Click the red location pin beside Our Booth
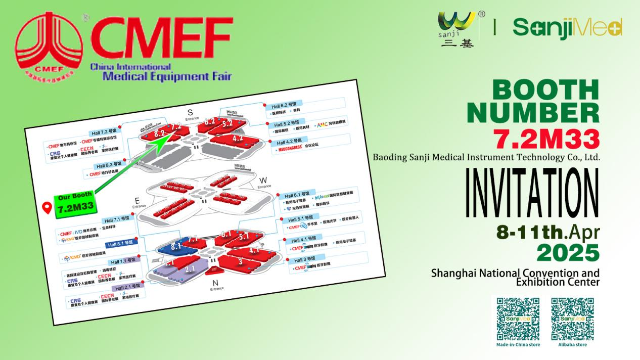[x=48, y=208]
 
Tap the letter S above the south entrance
[x=190, y=112]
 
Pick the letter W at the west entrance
[x=263, y=181]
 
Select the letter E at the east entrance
[x=138, y=200]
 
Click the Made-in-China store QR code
[x=518, y=318]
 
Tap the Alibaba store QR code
[x=572, y=318]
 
